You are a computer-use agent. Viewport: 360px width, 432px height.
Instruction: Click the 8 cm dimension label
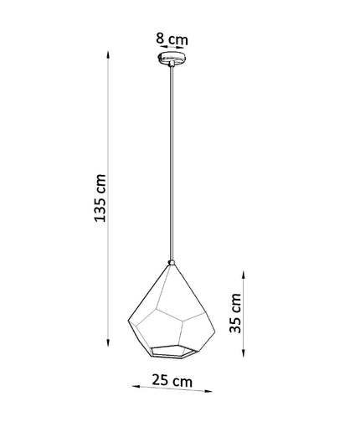(x=172, y=39)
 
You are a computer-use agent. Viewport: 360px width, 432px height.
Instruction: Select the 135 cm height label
(x=100, y=198)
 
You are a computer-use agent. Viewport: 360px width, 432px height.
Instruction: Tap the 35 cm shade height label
(x=235, y=313)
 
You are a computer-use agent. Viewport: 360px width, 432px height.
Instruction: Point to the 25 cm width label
(x=172, y=380)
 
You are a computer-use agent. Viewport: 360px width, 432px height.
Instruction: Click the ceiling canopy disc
(x=172, y=58)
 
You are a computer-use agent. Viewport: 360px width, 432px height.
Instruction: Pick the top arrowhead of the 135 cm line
(x=108, y=54)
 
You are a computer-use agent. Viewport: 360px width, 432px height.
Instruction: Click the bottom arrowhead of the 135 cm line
(x=108, y=342)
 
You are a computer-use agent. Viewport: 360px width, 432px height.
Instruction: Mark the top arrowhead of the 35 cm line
(x=244, y=275)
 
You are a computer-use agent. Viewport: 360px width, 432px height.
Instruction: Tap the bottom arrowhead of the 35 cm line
(x=244, y=353)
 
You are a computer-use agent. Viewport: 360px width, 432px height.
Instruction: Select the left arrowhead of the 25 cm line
(x=136, y=387)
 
